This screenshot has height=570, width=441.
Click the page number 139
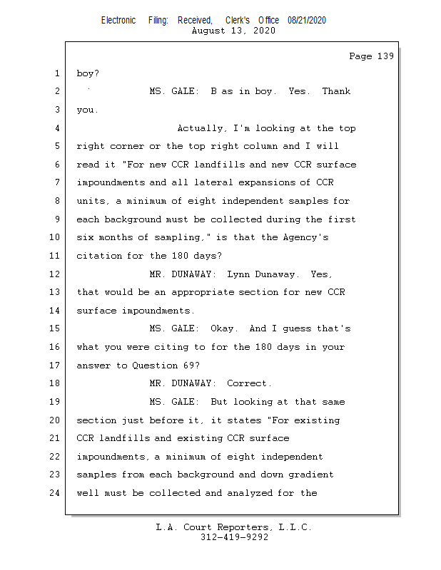[x=385, y=56]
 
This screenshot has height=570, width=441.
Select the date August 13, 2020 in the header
[x=234, y=31]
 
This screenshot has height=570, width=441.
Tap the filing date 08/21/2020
[x=307, y=21]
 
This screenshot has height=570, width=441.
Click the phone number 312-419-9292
[x=234, y=537]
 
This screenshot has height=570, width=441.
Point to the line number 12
[x=55, y=274]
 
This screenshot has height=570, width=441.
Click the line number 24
[x=55, y=493]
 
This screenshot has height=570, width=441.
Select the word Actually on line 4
[x=202, y=128]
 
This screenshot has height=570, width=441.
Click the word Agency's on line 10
[x=305, y=237]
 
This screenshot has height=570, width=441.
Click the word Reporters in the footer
[x=234, y=527]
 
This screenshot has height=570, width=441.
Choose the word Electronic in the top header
[x=118, y=21]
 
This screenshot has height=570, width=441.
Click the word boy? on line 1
[x=88, y=73]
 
